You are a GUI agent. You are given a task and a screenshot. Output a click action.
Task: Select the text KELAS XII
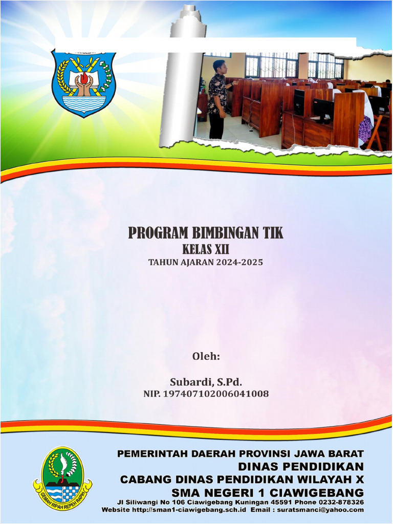tap(205, 250)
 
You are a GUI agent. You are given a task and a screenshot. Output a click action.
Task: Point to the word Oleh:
tap(206, 357)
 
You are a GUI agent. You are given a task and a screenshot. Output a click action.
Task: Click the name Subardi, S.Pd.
tap(206, 382)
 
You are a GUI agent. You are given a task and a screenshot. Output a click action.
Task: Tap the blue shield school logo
tap(83, 83)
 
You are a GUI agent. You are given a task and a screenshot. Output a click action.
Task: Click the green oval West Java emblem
tap(62, 478)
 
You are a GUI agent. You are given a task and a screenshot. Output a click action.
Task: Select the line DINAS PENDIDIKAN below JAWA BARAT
tap(301, 466)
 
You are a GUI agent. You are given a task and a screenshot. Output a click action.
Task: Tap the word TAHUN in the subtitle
tap(161, 263)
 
